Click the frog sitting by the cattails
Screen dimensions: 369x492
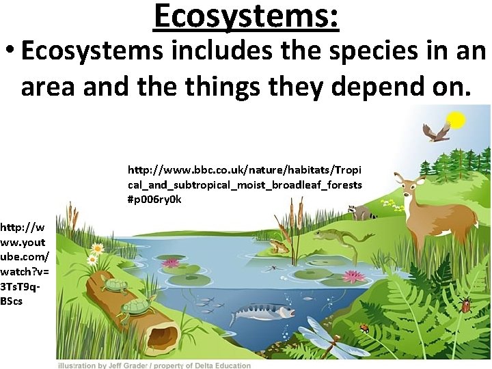pyautogui.click(x=279, y=245)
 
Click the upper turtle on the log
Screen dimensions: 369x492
pyautogui.click(x=115, y=285)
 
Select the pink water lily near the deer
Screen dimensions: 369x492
pyautogui.click(x=354, y=276)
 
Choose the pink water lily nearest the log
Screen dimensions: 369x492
pyautogui.click(x=171, y=263)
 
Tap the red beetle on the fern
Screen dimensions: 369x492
pyautogui.click(x=466, y=305)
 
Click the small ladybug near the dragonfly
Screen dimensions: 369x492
pyautogui.click(x=364, y=329)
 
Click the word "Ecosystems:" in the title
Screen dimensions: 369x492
pyautogui.click(x=246, y=16)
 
